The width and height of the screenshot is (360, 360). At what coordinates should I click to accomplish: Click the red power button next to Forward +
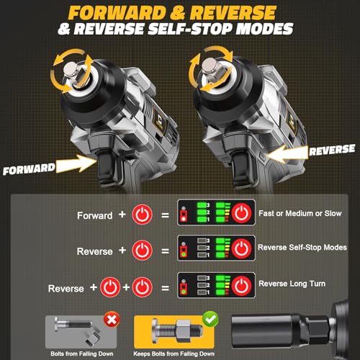[141, 215]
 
